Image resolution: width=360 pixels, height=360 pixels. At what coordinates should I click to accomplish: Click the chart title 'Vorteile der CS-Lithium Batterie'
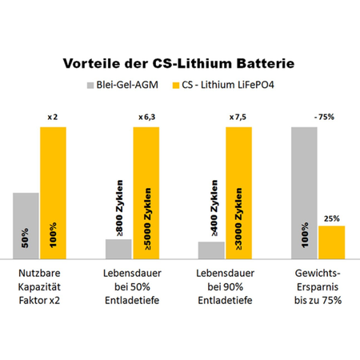(x=178, y=63)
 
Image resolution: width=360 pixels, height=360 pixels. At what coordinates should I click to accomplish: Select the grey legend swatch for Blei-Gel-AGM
(x=90, y=86)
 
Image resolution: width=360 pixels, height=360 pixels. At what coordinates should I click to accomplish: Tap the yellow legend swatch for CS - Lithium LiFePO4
(x=176, y=86)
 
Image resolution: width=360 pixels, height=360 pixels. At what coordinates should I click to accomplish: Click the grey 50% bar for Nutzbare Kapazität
(x=26, y=226)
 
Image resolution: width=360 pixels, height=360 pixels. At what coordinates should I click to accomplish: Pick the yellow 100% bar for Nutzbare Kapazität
(x=53, y=193)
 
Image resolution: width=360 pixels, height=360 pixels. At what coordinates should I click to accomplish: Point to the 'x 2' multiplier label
(x=53, y=117)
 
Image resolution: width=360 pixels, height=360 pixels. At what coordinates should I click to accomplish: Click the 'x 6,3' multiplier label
(x=147, y=117)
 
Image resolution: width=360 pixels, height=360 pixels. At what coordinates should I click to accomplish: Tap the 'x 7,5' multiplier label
(x=238, y=117)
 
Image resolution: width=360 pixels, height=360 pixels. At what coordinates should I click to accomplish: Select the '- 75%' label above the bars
(x=324, y=117)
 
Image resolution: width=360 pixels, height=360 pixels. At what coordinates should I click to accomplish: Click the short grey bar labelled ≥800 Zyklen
(x=118, y=249)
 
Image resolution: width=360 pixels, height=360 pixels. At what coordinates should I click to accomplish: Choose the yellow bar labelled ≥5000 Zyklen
(x=146, y=193)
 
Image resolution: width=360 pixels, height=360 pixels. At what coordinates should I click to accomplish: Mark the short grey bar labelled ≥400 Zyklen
(x=211, y=250)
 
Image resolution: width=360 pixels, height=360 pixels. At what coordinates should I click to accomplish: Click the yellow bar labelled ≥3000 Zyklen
(x=238, y=193)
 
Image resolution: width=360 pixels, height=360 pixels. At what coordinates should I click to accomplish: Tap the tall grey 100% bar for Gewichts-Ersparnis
(x=304, y=193)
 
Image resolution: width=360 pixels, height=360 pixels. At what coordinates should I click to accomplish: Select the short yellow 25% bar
(x=332, y=242)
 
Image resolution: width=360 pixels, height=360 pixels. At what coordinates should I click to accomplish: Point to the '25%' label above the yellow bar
(x=332, y=218)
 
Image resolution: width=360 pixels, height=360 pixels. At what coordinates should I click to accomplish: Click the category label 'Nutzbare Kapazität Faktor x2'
(x=39, y=286)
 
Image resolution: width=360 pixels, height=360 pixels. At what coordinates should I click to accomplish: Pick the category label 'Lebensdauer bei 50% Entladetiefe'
(x=132, y=286)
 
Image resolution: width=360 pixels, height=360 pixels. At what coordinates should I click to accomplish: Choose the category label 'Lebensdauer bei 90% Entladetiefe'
(x=225, y=286)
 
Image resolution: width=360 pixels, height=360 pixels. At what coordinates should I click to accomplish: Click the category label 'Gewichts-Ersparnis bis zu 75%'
(x=318, y=286)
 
